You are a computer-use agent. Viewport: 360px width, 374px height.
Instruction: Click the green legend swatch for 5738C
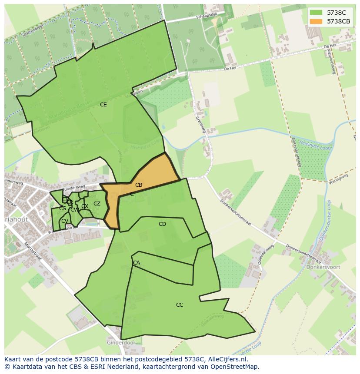[316, 13]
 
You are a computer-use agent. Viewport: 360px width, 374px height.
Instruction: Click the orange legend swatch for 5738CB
[316, 21]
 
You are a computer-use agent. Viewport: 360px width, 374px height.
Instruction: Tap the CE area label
[103, 105]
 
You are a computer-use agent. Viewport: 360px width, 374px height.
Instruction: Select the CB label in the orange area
[139, 185]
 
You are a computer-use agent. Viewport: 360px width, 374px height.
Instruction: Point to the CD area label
[162, 224]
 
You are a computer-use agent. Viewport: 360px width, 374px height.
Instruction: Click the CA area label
[137, 263]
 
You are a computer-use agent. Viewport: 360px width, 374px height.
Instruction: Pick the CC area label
[180, 305]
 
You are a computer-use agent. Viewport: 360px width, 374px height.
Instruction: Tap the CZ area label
[97, 204]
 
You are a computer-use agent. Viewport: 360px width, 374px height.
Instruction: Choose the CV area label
[64, 221]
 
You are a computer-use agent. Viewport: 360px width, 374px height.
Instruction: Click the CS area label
[63, 209]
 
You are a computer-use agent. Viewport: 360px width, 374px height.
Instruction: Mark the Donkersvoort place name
[323, 268]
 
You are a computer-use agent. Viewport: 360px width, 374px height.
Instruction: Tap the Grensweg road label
[200, 124]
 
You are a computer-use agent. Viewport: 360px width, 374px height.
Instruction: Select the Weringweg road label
[339, 179]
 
